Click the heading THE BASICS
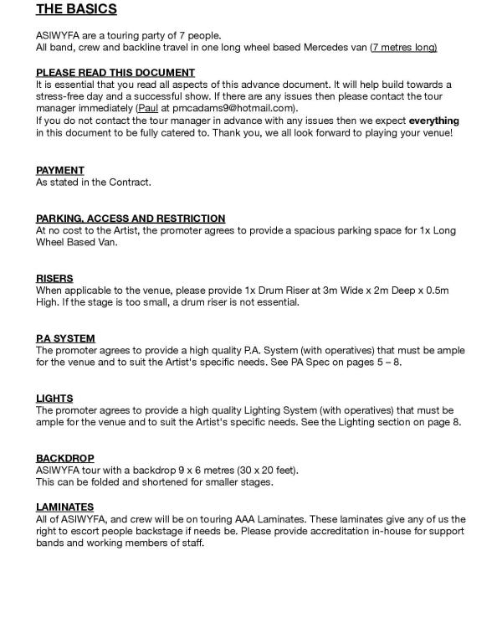click(x=76, y=10)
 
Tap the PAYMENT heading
click(x=59, y=170)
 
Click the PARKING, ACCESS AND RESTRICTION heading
click(x=131, y=218)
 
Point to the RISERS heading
click(x=54, y=278)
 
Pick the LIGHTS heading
click(x=54, y=399)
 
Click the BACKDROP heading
click(x=64, y=458)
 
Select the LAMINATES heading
click(x=64, y=507)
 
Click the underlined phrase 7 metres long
click(x=404, y=48)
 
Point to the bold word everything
click(x=433, y=121)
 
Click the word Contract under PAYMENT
click(x=129, y=182)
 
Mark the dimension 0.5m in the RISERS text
click(x=434, y=291)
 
